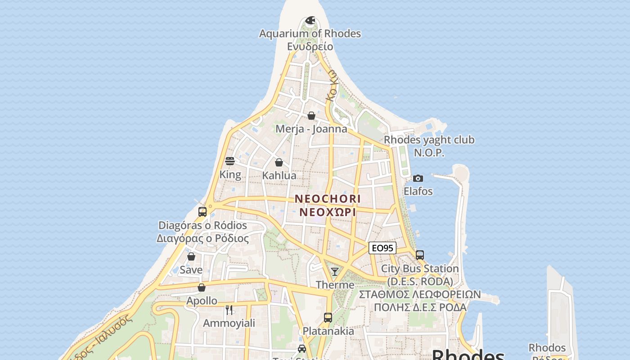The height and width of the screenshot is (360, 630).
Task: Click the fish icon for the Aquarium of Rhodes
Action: [x=310, y=20]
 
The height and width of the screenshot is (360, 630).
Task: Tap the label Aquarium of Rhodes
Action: [x=310, y=34]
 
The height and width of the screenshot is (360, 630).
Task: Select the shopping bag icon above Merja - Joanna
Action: [x=311, y=116]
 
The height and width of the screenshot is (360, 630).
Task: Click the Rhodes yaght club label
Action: [x=429, y=140]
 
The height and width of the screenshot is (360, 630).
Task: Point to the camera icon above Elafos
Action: [x=418, y=178]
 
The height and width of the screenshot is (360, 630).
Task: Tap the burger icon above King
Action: [x=230, y=161]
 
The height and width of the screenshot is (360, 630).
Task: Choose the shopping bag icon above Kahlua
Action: [x=279, y=162]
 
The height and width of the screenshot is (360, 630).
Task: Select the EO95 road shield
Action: [x=382, y=248]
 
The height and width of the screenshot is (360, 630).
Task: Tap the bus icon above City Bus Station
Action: [x=420, y=255]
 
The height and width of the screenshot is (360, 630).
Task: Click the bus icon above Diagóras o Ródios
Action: [x=202, y=212]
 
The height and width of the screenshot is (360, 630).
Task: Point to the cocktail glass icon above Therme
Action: [x=335, y=271]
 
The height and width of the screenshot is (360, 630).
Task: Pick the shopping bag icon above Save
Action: [x=191, y=256]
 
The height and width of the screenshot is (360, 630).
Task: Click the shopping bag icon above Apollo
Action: [x=202, y=288]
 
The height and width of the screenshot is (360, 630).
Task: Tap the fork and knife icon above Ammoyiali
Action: [x=229, y=310]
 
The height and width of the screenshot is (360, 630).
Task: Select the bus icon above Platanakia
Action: [x=328, y=318]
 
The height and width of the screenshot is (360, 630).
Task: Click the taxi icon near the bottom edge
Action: [x=302, y=349]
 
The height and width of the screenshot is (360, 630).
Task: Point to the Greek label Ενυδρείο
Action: [x=310, y=46]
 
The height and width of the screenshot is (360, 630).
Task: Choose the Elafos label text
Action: [x=418, y=191]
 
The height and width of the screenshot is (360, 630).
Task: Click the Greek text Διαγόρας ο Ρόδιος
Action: [x=202, y=238]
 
